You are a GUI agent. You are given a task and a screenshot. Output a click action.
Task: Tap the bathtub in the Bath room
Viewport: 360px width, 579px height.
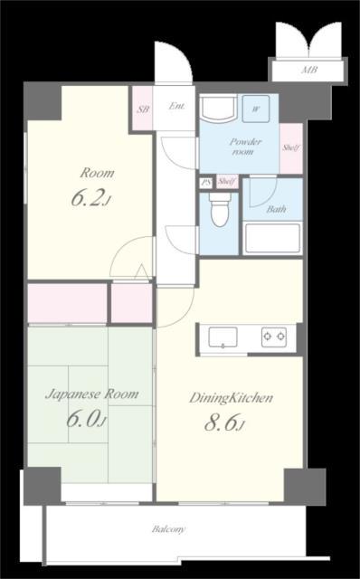click(272, 238)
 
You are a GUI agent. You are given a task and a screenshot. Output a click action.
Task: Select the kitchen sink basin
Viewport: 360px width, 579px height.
click(223, 337)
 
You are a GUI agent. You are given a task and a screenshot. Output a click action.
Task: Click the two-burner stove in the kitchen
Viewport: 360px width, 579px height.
click(274, 337)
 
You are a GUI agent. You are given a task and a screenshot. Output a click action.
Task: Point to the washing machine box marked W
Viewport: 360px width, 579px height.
click(256, 109)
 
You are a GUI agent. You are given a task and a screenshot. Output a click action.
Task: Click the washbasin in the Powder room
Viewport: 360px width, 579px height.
click(218, 109)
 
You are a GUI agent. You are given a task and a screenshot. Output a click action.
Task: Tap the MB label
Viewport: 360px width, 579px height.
click(309, 70)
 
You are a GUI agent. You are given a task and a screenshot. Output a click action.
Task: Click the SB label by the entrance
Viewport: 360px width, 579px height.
click(143, 109)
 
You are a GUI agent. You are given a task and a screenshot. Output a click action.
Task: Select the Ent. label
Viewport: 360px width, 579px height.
click(176, 106)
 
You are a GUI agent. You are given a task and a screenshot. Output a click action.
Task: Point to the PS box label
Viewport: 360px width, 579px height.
click(205, 183)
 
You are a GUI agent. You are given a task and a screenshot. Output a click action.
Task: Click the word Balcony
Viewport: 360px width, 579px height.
click(169, 529)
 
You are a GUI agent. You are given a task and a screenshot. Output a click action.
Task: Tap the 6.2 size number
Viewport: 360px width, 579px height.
click(87, 199)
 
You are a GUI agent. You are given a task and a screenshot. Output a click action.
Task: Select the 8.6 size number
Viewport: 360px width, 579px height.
click(221, 423)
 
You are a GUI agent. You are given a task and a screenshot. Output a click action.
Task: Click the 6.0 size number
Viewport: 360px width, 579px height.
click(82, 420)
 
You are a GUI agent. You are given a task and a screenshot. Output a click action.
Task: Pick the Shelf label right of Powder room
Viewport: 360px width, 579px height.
click(291, 148)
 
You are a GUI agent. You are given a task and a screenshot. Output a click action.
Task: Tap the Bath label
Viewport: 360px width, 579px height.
click(276, 209)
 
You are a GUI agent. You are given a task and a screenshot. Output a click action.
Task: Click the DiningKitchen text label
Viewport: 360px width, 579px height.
click(232, 398)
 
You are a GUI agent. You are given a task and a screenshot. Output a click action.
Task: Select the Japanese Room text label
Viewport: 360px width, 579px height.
click(92, 394)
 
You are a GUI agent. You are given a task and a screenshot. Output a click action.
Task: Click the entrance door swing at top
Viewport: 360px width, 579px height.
click(174, 62)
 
